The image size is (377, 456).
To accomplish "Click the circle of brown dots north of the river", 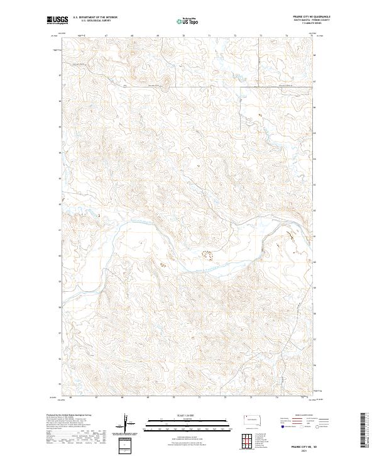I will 207,253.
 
